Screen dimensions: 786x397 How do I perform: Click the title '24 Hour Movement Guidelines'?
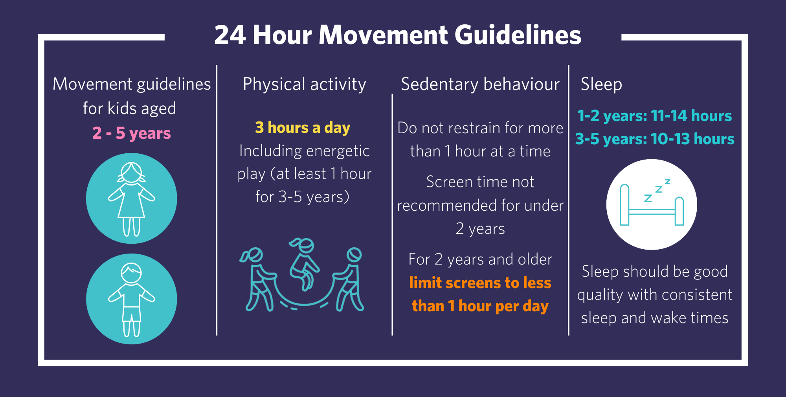[397, 35]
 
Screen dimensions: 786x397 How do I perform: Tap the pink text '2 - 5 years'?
[132, 133]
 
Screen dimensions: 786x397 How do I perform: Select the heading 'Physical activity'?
[304, 84]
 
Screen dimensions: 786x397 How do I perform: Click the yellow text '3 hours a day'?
[303, 128]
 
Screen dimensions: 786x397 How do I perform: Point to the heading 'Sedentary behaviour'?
[480, 84]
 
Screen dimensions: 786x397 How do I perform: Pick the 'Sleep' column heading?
[601, 84]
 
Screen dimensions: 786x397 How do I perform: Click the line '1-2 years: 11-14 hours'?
[654, 116]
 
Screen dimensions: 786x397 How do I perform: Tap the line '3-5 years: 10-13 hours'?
[655, 139]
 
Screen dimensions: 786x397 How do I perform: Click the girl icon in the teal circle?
[132, 199]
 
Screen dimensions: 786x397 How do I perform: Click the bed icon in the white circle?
[652, 204]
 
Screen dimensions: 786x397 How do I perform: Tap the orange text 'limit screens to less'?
[480, 283]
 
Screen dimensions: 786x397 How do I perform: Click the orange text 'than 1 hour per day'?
[480, 306]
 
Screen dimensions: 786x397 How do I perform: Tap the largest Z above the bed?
[648, 198]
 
